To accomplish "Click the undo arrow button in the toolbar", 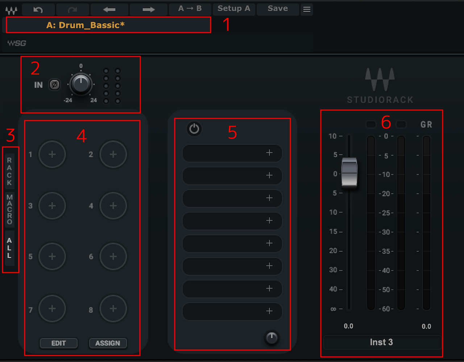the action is pyautogui.click(x=38, y=9).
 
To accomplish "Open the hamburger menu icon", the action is pyautogui.click(x=307, y=9).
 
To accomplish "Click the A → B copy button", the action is pyautogui.click(x=190, y=9).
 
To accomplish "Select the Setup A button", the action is pyautogui.click(x=234, y=9).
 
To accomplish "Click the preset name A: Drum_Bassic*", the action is pyautogui.click(x=86, y=25).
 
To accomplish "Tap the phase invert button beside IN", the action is pyautogui.click(x=54, y=85).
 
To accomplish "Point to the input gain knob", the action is pyautogui.click(x=81, y=84).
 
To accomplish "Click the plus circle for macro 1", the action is pyautogui.click(x=52, y=154).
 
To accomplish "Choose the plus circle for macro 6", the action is pyautogui.click(x=113, y=256).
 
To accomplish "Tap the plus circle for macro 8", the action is pyautogui.click(x=113, y=308).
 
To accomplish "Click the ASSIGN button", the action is pyautogui.click(x=108, y=343).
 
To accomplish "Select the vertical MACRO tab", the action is pyautogui.click(x=9, y=209).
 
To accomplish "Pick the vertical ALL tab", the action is pyautogui.click(x=9, y=248).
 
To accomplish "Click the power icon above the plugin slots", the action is pyautogui.click(x=194, y=129).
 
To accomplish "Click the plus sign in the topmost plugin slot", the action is pyautogui.click(x=269, y=153).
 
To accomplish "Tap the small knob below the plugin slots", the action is pyautogui.click(x=272, y=338).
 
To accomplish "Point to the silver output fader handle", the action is pyautogui.click(x=349, y=172).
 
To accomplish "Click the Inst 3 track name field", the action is pyautogui.click(x=382, y=342).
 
